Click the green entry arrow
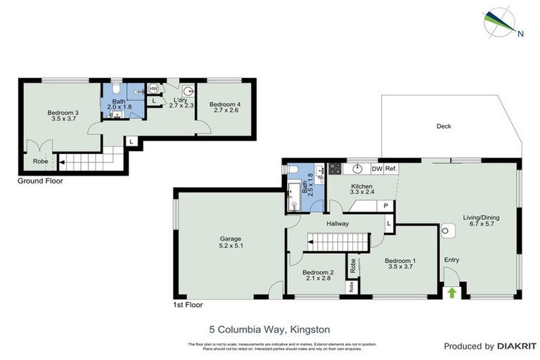[451, 291]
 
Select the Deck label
[444, 127]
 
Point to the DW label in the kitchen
[376, 169]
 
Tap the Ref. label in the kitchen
[391, 169]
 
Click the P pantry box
[385, 205]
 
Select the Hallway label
[338, 224]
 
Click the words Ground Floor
[40, 181]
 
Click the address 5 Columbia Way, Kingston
[269, 328]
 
